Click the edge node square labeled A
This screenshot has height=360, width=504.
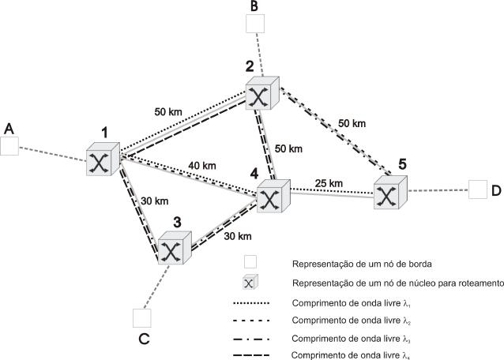(9, 146)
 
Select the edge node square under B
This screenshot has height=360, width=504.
(255, 24)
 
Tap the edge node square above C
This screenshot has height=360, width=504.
(142, 318)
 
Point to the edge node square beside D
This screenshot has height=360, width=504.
(478, 189)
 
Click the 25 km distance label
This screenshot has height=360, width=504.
(329, 183)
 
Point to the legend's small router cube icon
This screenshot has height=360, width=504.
(250, 282)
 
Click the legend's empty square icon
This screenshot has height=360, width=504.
(250, 262)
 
